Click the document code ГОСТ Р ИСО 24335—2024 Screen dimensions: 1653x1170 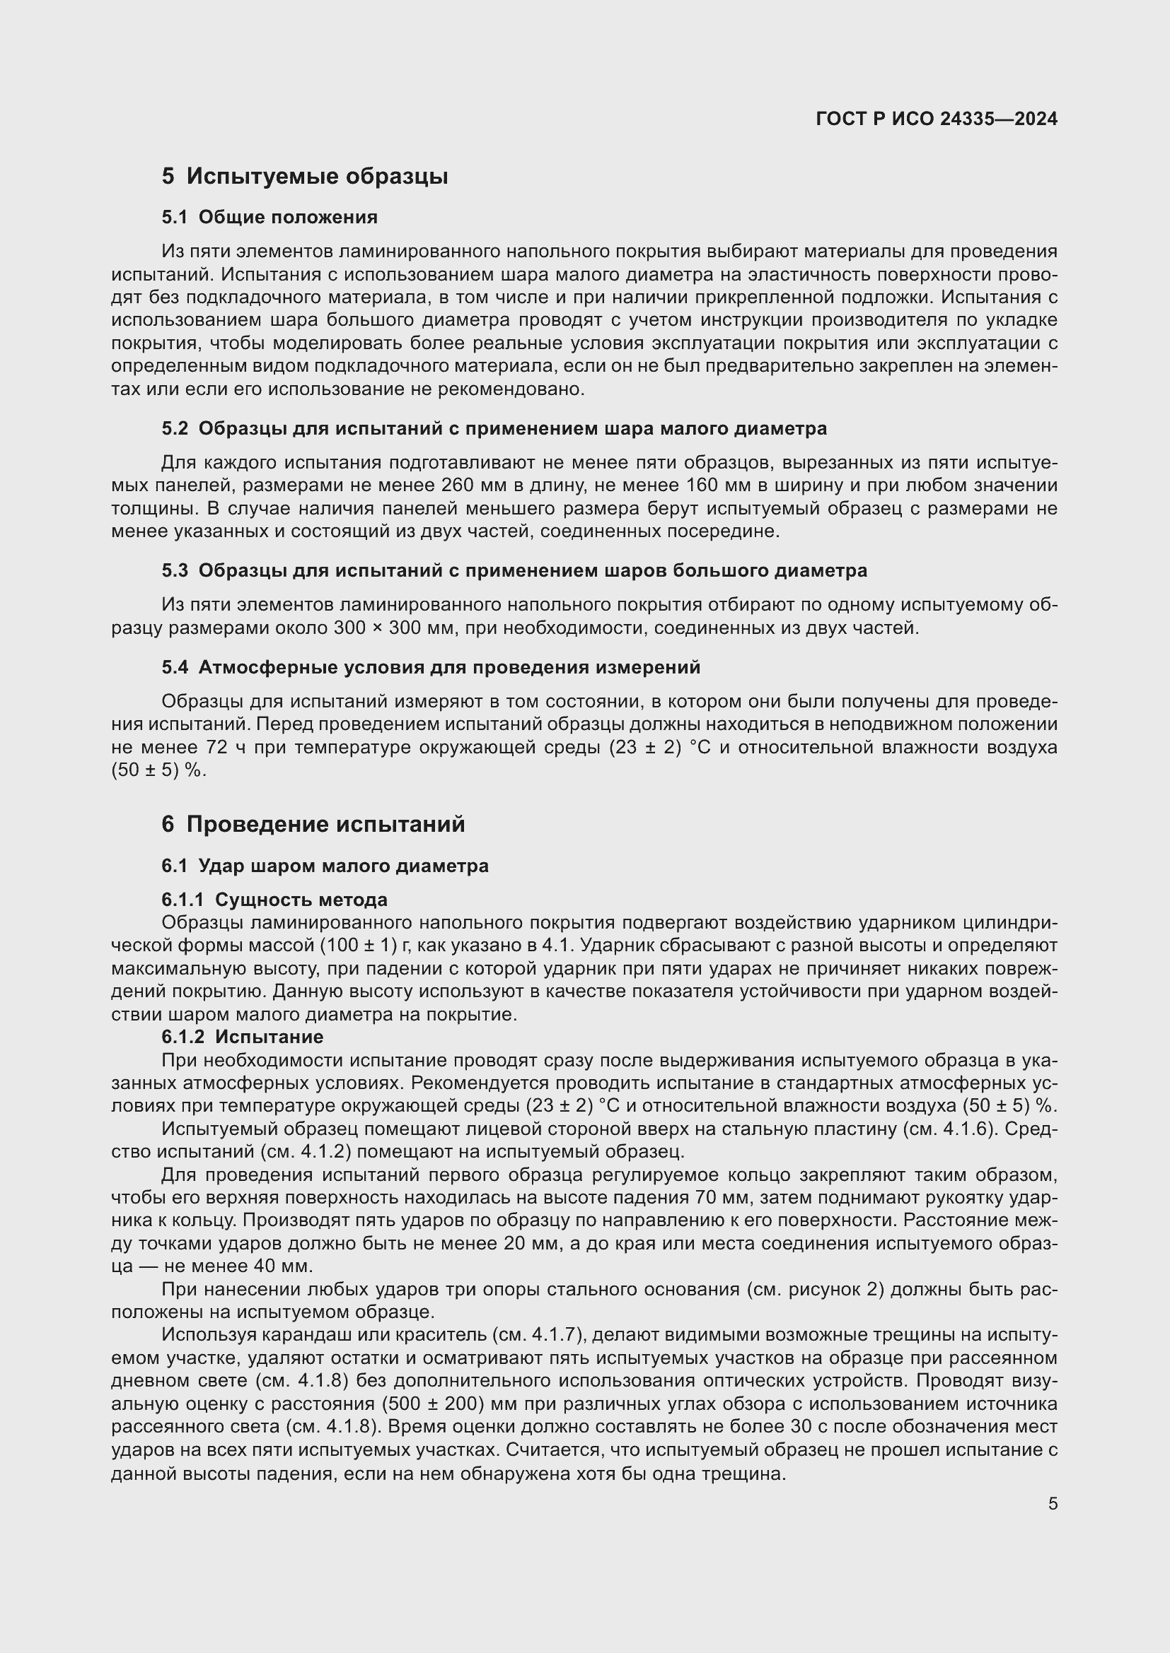936,119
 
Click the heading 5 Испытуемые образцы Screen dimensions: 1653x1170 305,177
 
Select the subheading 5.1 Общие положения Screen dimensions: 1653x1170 270,218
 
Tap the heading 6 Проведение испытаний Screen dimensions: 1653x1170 313,824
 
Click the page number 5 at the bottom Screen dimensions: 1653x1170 1053,1504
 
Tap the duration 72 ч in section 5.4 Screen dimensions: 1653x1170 216,748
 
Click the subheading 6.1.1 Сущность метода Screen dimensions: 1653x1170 274,900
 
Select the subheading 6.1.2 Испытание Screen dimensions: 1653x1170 243,1037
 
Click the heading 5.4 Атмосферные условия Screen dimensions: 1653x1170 431,667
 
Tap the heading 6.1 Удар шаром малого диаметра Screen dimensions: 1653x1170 325,866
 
